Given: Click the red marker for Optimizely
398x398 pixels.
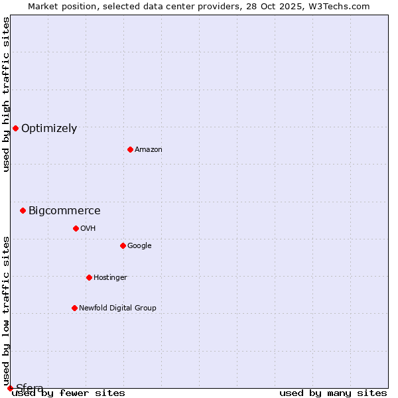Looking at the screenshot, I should [x=15, y=128].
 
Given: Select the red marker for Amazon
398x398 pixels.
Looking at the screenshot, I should [x=130, y=149].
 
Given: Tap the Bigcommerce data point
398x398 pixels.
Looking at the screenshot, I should [x=23, y=210].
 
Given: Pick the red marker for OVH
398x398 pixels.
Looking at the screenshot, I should [x=76, y=228].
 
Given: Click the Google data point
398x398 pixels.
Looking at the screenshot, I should [x=123, y=245].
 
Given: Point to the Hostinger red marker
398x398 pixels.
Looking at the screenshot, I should [x=89, y=277].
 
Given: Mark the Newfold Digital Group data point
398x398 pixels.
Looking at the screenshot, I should [x=74, y=308].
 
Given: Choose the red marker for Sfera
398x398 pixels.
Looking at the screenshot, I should [x=10, y=388].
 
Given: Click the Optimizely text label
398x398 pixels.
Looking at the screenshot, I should [x=49, y=129].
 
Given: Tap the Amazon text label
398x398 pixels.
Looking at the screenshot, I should [x=149, y=150].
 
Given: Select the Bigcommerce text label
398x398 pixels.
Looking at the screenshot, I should [x=64, y=211].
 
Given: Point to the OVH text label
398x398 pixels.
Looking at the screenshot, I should [x=88, y=229].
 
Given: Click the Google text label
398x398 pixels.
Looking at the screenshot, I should [x=139, y=246].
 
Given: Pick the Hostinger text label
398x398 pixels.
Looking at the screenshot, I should [x=110, y=278].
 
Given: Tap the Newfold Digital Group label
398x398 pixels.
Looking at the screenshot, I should [x=117, y=308].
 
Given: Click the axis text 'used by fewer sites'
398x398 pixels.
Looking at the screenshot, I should [x=68, y=393].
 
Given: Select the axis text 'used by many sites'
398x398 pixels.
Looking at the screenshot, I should [x=333, y=393].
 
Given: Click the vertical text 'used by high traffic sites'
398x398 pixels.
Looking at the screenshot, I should [x=6, y=94].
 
